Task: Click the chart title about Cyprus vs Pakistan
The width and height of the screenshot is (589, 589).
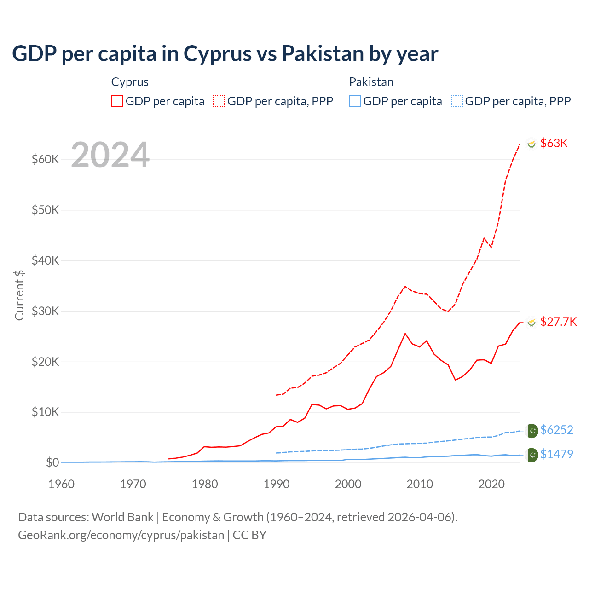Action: coord(225,54)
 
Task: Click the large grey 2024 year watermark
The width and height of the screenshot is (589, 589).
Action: coord(110,155)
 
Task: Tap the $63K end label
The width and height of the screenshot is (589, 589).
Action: coord(554,143)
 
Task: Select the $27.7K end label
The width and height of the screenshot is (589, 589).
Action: coord(558,322)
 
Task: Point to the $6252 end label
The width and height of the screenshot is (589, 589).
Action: coord(556,430)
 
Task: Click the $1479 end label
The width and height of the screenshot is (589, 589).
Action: coord(556,454)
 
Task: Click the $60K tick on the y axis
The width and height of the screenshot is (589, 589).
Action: coord(46,160)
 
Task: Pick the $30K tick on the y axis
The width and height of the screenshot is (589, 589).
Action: coord(46,311)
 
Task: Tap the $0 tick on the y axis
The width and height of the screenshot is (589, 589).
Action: coord(52,462)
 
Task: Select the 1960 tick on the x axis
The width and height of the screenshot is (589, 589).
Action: coord(61,484)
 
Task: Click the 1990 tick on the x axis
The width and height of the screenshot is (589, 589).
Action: coord(277,484)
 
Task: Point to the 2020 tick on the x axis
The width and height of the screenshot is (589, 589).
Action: coord(491,484)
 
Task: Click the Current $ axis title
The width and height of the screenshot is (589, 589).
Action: coord(19,295)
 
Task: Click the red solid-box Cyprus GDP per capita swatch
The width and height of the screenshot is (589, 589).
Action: coord(117,101)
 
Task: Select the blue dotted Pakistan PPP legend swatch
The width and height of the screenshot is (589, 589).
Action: coord(457,101)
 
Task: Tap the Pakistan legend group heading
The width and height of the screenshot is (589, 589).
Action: coord(371,82)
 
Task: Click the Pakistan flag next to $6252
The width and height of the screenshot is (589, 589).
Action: coord(532,431)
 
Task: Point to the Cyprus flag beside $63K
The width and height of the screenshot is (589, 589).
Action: coord(531,144)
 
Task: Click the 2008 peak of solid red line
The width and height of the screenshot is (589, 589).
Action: coord(405,334)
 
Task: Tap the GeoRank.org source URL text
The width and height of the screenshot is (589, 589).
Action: coord(121,535)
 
